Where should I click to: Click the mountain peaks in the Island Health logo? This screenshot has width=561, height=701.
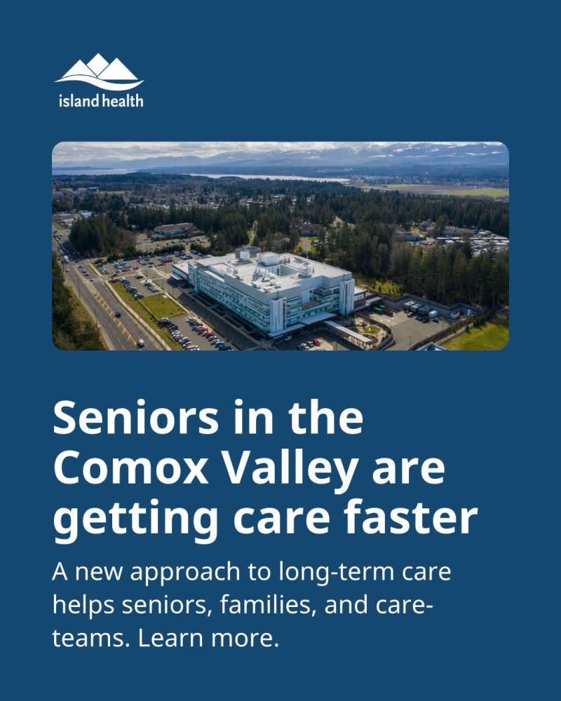tap(100, 67)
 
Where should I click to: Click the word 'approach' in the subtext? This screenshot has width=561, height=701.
tap(184, 573)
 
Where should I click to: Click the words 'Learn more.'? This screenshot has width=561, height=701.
tap(208, 638)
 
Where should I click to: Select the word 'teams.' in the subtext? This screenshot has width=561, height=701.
tap(91, 638)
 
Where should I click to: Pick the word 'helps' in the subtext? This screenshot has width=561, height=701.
tap(83, 606)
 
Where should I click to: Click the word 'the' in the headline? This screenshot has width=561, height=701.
tap(325, 417)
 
